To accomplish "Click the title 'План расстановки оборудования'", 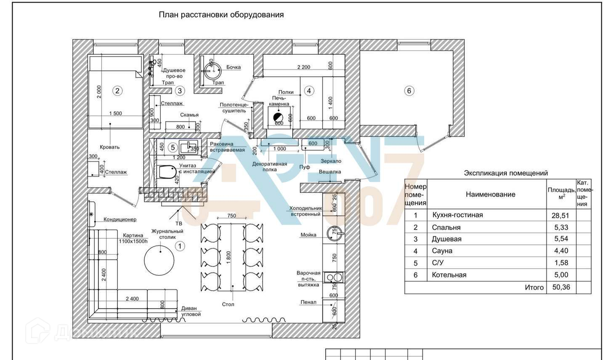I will click(221, 15).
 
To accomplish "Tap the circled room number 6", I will click(409, 91).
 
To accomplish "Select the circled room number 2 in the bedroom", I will click(117, 91).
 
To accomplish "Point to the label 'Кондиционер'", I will click(120, 219).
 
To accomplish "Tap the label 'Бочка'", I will click(234, 67).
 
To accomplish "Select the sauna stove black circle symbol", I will click(279, 117).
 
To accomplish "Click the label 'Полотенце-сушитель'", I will click(234, 108).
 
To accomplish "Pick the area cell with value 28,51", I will click(560, 216).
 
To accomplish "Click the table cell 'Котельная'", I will click(449, 275).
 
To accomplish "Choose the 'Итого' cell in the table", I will click(534, 287).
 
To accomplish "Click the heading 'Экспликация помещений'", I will click(506, 173).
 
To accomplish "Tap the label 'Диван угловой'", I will click(191, 311).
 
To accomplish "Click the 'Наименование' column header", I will click(490, 194).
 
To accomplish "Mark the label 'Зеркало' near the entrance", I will click(331, 161).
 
